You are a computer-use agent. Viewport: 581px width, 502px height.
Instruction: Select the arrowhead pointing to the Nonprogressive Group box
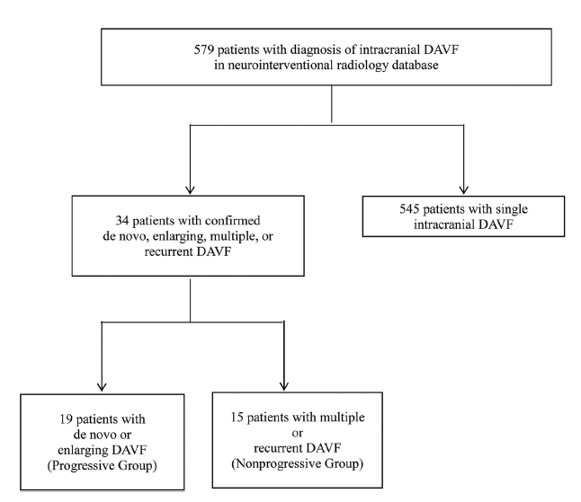click(x=284, y=383)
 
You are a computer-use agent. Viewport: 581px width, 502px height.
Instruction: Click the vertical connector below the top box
click(x=334, y=105)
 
